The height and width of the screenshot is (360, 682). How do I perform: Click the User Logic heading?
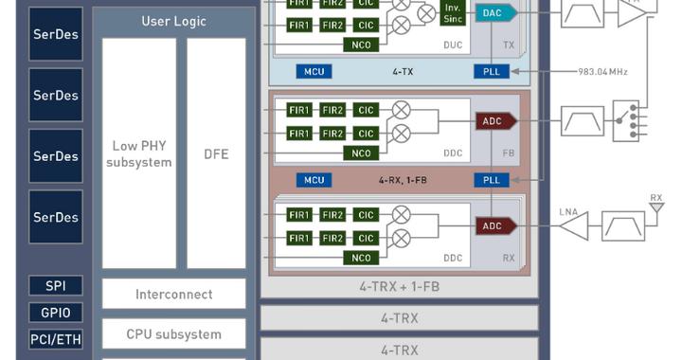click(x=174, y=21)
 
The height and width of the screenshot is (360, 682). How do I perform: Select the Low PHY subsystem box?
click(x=139, y=153)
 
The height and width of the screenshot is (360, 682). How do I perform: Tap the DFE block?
click(x=216, y=153)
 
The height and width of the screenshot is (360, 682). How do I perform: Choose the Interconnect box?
click(x=173, y=294)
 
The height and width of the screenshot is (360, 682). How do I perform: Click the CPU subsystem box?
click(x=173, y=333)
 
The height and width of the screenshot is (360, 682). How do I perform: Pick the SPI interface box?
click(x=56, y=286)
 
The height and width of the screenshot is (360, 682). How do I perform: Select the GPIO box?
click(x=56, y=313)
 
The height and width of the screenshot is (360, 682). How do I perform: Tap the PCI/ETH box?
click(x=56, y=339)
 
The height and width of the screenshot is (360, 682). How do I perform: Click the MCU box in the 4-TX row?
click(x=314, y=71)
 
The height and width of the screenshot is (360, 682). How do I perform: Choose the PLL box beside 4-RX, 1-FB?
click(x=491, y=179)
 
